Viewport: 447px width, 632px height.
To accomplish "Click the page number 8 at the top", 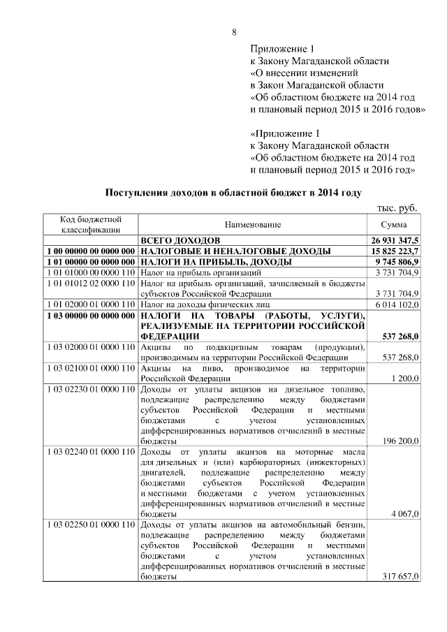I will [234, 33].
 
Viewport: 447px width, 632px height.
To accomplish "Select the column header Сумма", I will [394, 225].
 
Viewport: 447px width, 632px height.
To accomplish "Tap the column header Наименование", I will [253, 225].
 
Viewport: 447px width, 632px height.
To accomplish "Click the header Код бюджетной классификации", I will [91, 225].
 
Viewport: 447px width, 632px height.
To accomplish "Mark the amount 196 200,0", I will [401, 441].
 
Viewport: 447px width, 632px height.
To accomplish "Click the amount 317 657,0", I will [401, 577].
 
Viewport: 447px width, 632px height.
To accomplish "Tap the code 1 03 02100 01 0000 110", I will [91, 367].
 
